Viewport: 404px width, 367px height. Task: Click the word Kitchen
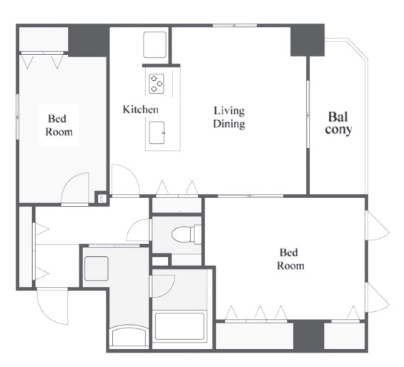140,109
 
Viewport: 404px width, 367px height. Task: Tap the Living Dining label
229,117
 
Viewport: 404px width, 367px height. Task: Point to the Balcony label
338,124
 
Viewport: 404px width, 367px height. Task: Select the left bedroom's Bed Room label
59,125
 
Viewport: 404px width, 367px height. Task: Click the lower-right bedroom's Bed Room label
290,259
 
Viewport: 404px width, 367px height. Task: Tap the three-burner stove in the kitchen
157,84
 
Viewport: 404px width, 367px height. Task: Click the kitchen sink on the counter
157,133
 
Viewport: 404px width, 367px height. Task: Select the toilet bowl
187,235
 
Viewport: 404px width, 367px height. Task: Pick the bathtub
180,326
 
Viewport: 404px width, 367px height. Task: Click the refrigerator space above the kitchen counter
154,45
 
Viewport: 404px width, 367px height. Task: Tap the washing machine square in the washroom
96,268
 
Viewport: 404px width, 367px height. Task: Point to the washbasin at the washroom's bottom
129,336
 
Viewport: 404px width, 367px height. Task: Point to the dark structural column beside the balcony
307,40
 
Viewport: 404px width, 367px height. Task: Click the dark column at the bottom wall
308,336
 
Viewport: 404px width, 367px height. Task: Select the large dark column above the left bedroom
89,41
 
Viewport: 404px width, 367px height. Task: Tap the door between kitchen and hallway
126,180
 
